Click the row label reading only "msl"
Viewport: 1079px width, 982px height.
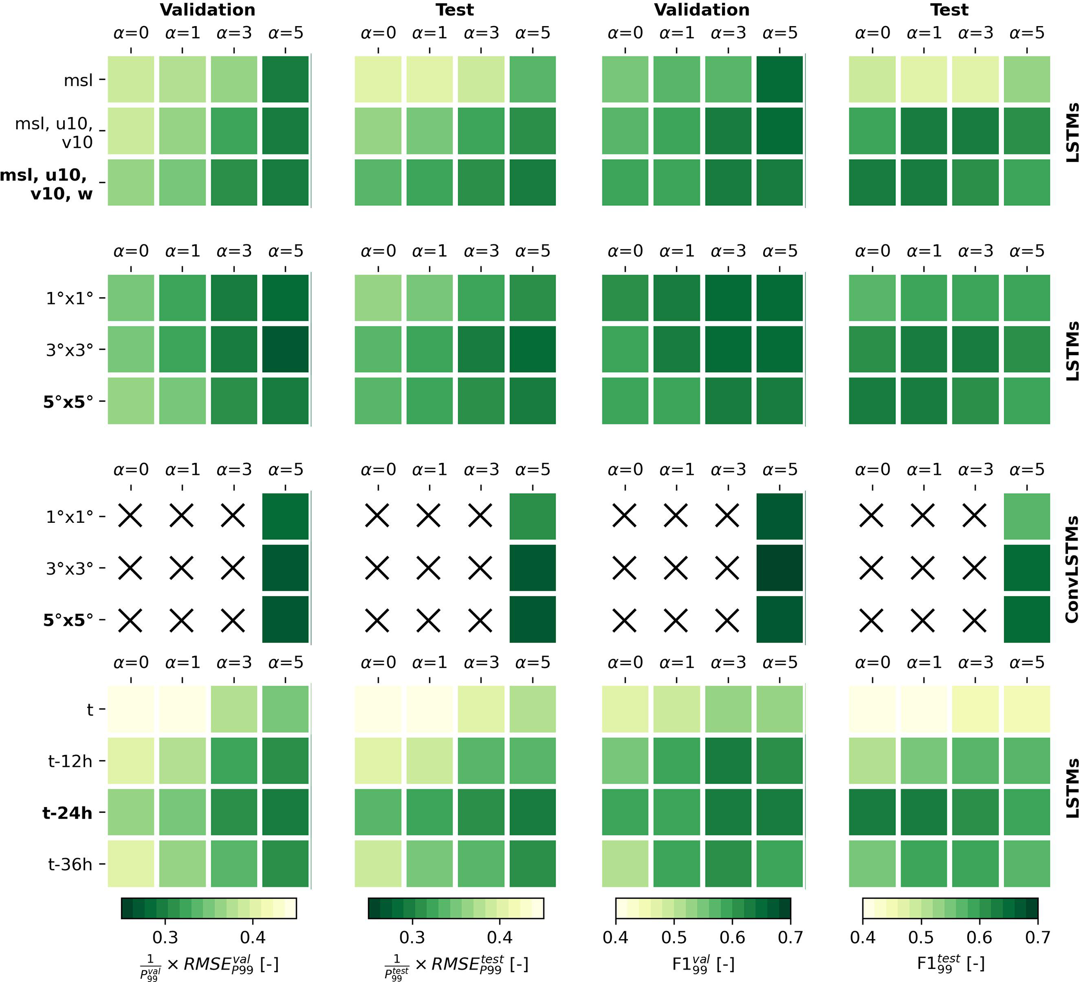tap(78, 80)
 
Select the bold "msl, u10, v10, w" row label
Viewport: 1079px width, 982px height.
tap(47, 184)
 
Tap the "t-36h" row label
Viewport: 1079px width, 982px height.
tap(70, 864)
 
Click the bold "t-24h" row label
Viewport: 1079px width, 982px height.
tap(67, 813)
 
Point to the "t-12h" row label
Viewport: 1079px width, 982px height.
tap(70, 761)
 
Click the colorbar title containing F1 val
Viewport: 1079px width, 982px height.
tap(703, 964)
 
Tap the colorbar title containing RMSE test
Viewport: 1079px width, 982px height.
tap(456, 964)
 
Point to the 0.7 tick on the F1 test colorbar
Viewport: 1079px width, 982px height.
tap(1037, 938)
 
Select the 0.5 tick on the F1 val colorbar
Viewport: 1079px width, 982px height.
tap(674, 938)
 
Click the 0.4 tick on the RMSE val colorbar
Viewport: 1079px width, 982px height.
tap(253, 938)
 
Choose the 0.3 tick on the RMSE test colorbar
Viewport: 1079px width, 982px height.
tap(412, 938)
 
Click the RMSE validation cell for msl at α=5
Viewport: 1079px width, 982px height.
tap(285, 79)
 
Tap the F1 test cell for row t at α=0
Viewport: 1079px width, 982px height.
tap(872, 709)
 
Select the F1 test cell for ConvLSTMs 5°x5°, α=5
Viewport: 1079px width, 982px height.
tap(1027, 619)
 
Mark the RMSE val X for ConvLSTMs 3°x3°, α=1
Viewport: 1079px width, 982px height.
tap(182, 568)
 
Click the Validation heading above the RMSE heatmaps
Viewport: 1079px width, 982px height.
tap(208, 10)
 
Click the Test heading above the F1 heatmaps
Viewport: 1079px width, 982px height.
tap(949, 10)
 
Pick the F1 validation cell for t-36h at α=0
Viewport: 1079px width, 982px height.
tap(625, 863)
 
